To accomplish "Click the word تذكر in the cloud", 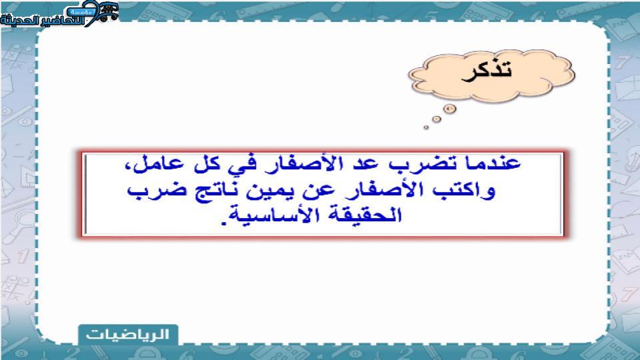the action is pyautogui.click(x=487, y=71).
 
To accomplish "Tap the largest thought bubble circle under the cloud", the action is pyautogui.click(x=449, y=109).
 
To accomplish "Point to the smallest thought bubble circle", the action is pyautogui.click(x=426, y=127).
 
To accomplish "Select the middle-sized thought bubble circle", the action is pyautogui.click(x=437, y=119).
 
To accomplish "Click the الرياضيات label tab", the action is pyautogui.click(x=128, y=335).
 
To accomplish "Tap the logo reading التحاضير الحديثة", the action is pyautogui.click(x=60, y=14).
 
